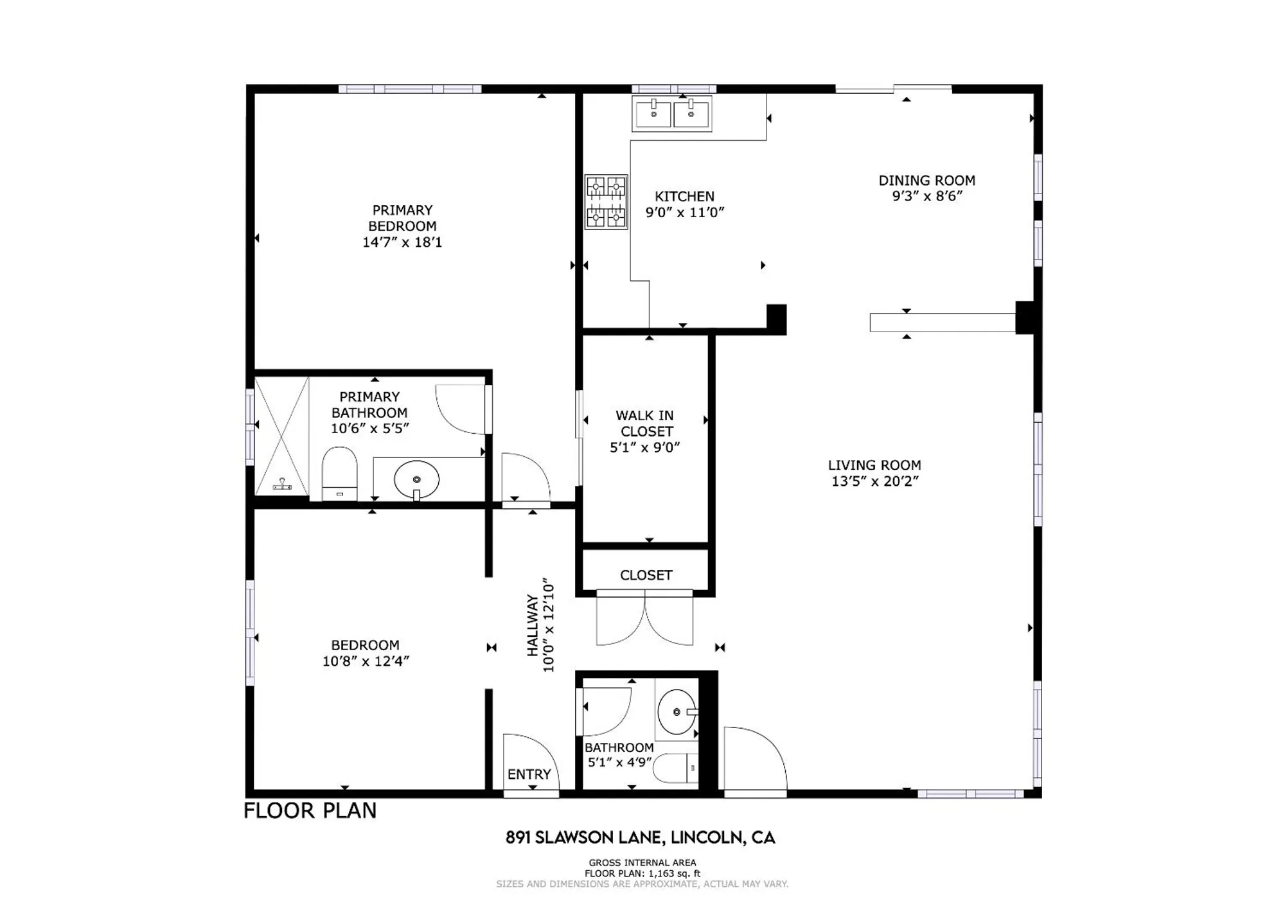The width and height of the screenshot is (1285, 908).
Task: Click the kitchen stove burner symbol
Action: (606, 202)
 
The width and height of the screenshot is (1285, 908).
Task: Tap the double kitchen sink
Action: (672, 114)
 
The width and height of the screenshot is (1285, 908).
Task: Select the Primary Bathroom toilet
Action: (339, 474)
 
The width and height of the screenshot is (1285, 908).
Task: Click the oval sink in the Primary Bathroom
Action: (416, 479)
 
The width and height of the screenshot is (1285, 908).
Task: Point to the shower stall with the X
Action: (282, 436)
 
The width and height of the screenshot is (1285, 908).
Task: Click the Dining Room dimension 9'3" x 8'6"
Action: (927, 197)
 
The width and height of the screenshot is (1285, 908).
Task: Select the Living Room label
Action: (874, 465)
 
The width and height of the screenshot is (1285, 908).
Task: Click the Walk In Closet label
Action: (644, 423)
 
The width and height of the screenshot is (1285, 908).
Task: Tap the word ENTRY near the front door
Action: (529, 774)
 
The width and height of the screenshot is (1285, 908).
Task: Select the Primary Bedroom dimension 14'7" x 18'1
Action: (402, 242)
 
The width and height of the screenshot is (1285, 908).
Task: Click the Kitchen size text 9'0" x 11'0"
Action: (685, 213)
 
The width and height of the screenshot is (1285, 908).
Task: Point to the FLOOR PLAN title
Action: (310, 810)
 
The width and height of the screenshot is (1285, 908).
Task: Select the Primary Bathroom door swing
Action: (461, 409)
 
